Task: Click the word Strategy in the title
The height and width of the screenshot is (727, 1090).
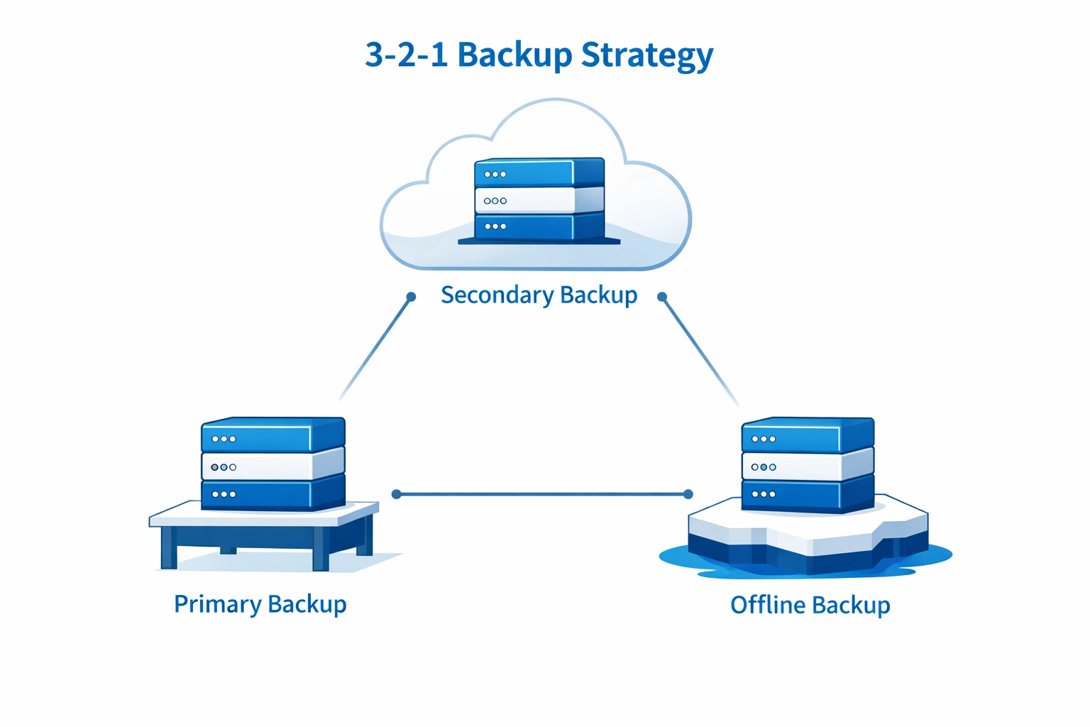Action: point(646,55)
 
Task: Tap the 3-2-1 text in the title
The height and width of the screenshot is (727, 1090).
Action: point(406,55)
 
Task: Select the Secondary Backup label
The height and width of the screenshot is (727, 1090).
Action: point(539,295)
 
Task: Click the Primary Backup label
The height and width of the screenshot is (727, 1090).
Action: point(260,604)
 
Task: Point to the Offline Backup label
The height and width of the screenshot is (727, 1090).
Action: point(810,605)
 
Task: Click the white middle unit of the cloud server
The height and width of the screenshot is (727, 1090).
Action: point(525,201)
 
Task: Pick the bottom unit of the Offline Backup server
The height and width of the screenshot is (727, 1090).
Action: point(791,494)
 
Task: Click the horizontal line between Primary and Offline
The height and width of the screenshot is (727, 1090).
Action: point(542,494)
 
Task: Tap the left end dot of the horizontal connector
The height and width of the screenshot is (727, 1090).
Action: point(397,494)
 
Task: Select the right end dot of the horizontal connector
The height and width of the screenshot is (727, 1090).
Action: point(688,494)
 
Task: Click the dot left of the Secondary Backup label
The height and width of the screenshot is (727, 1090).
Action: point(411,297)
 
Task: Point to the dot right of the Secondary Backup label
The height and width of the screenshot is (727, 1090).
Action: point(662,297)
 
